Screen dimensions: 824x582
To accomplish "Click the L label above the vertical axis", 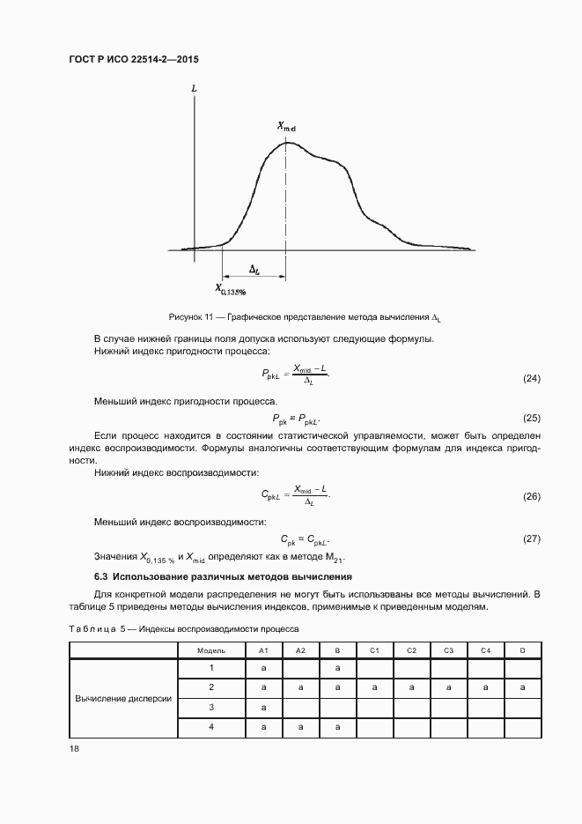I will (x=193, y=90).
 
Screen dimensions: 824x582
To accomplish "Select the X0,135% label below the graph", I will (x=231, y=288).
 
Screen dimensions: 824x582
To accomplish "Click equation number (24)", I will (x=531, y=378).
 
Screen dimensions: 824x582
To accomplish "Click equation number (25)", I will (x=531, y=418).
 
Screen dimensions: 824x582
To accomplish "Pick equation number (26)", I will (x=531, y=497).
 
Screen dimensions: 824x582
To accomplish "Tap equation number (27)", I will (x=531, y=538).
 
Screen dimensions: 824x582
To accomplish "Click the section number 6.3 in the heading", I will (x=101, y=576).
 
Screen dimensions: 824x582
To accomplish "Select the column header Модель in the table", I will (x=210, y=650).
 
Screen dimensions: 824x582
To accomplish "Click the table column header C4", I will (x=485, y=650).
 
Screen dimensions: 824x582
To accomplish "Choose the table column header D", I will (x=522, y=650).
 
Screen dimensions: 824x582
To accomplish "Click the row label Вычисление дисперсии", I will (x=123, y=698).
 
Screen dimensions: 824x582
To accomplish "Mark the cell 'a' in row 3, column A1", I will (x=262, y=707).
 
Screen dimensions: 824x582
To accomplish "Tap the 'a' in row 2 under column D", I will (x=522, y=687).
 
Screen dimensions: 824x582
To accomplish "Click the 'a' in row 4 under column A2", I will (x=299, y=727).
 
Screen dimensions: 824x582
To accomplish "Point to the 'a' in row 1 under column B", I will (x=337, y=669).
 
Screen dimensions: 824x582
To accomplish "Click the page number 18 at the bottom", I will (x=74, y=749).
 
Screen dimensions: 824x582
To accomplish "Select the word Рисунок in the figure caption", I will (x=186, y=316).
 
